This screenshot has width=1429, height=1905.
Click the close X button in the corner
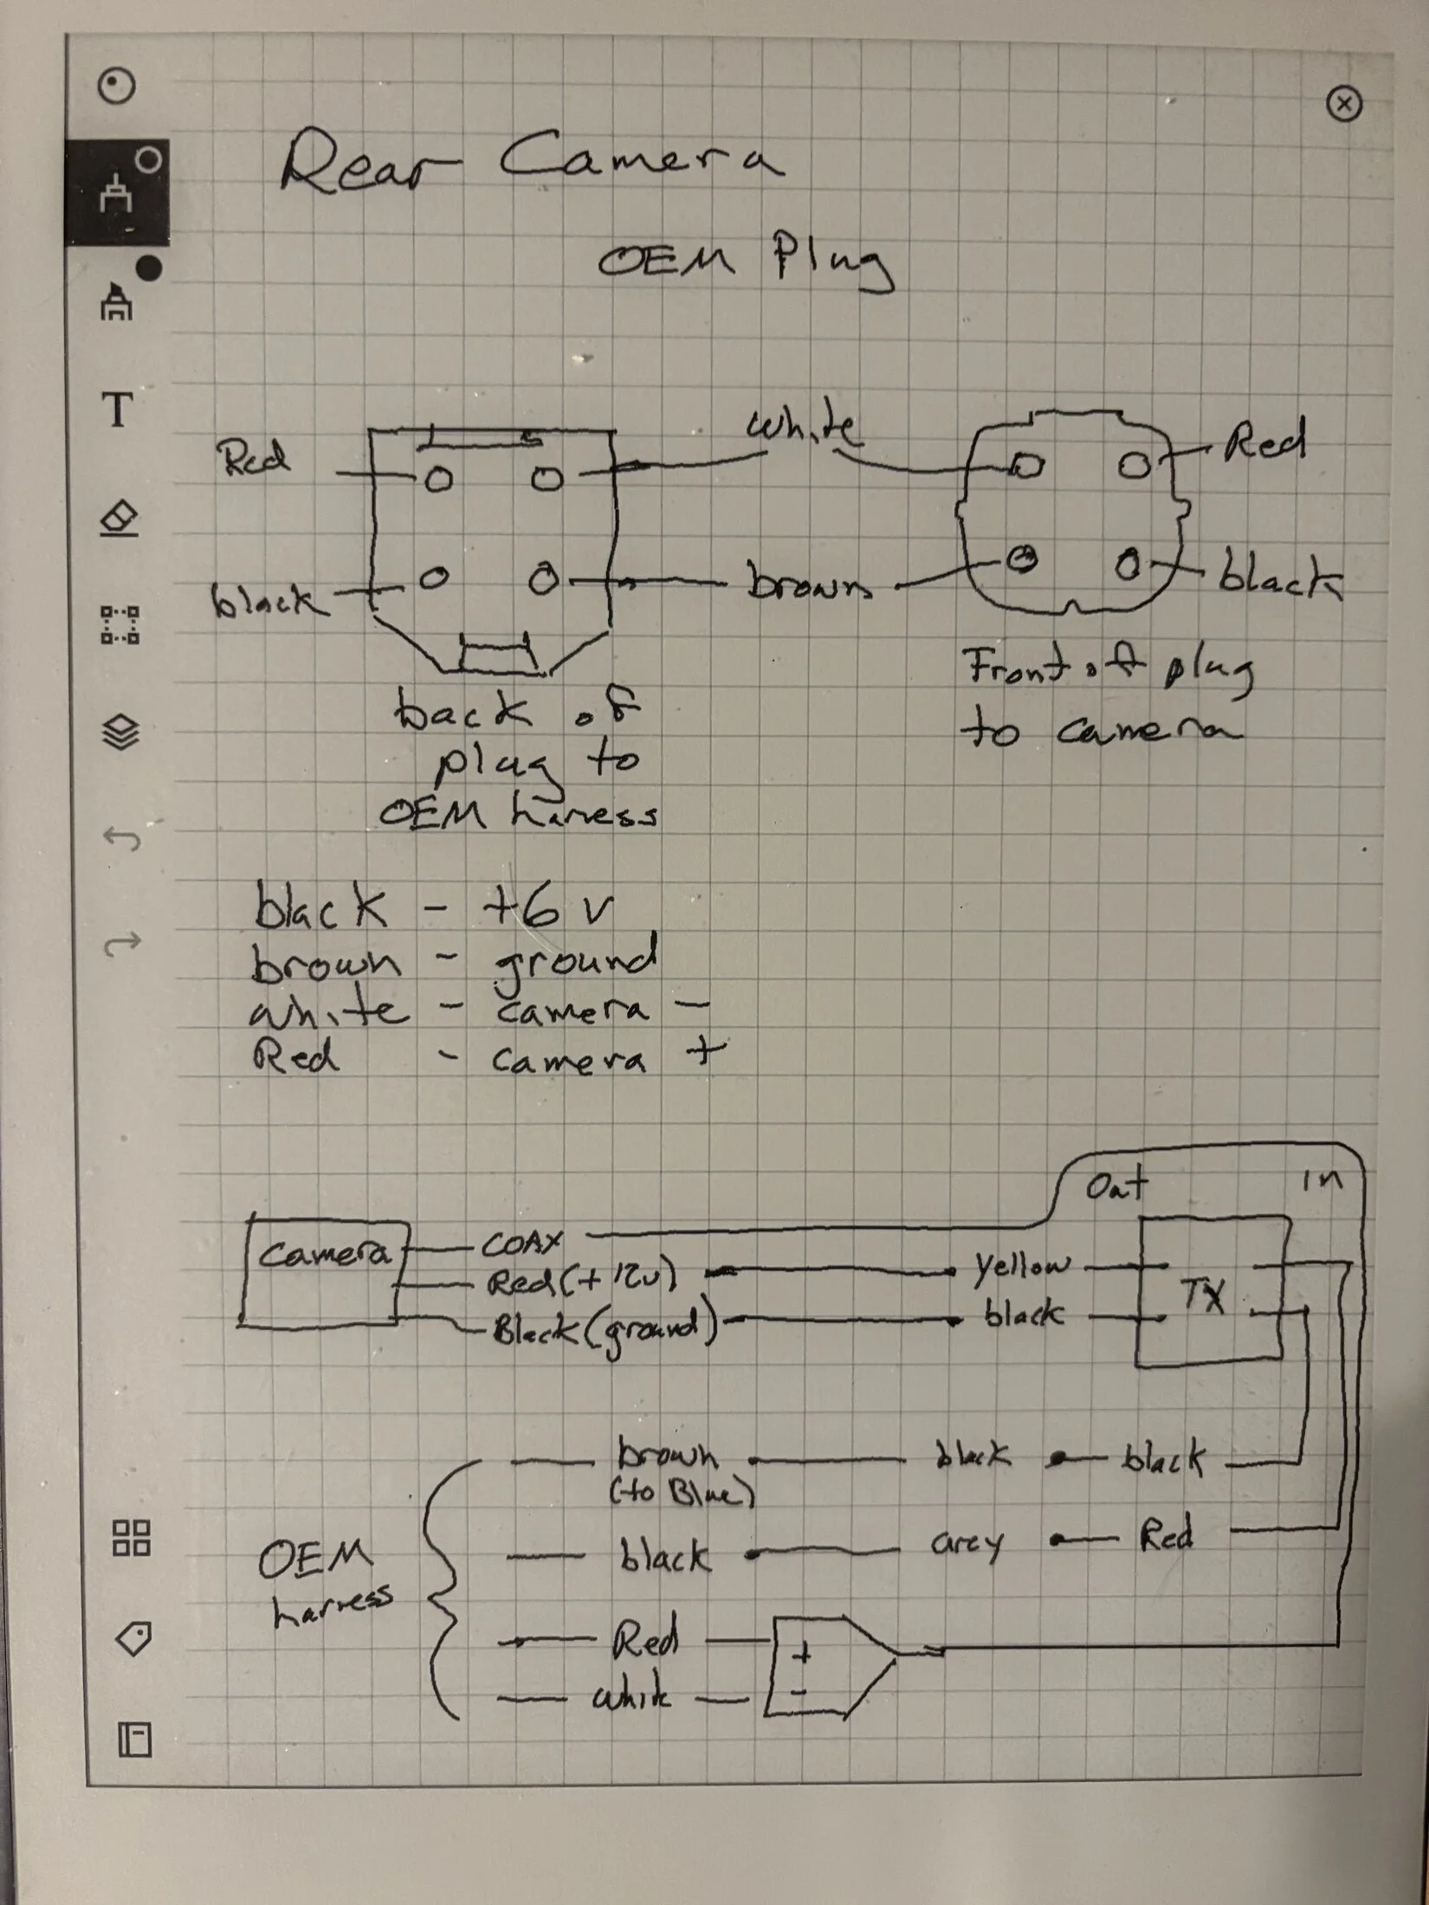(1343, 105)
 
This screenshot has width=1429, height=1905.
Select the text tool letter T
(119, 409)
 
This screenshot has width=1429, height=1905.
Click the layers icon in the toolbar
(120, 733)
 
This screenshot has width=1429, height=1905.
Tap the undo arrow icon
(121, 838)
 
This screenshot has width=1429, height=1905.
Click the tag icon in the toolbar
(133, 1638)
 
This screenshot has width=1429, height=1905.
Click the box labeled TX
(1208, 1294)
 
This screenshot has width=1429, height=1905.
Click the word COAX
(521, 1244)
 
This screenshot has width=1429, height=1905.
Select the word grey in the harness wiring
(967, 1543)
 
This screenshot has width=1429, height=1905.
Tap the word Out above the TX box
(1116, 1185)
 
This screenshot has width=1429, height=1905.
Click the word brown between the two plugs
(809, 584)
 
